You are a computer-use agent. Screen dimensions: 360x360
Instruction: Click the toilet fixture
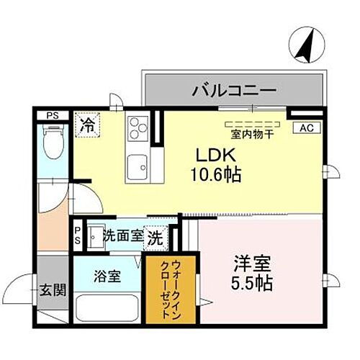point(53,144)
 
